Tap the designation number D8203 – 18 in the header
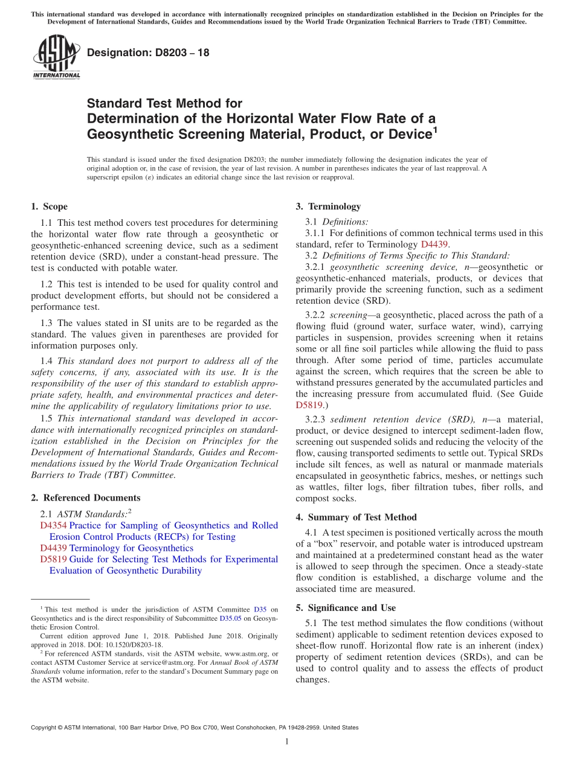coord(148,53)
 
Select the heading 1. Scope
coord(49,206)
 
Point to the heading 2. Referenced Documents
coord(85,498)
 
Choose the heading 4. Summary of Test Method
coord(356,517)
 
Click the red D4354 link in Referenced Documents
coord(53,526)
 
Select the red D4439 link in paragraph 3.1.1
coord(434,245)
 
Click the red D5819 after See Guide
coord(309,405)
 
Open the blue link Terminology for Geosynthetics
coord(131,548)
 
